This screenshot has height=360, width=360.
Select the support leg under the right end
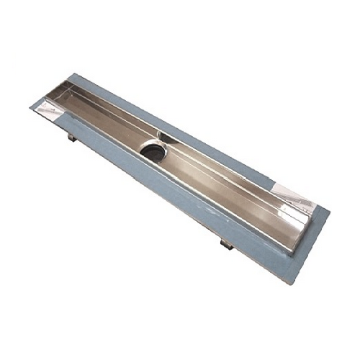pos(225,244)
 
